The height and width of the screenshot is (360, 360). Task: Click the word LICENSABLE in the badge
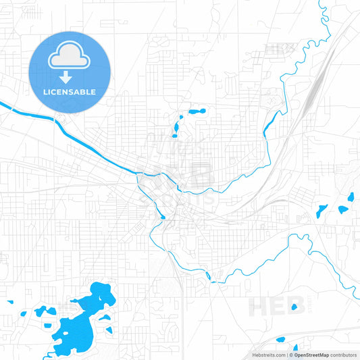[70, 92]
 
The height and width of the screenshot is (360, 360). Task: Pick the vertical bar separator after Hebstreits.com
[286, 355]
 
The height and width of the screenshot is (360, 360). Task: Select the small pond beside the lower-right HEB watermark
[294, 307]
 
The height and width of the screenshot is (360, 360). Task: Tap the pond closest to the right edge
[351, 198]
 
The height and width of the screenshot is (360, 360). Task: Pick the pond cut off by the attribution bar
[295, 349]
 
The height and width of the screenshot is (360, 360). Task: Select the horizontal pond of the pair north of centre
[197, 111]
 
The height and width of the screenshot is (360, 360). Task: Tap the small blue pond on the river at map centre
[163, 217]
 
